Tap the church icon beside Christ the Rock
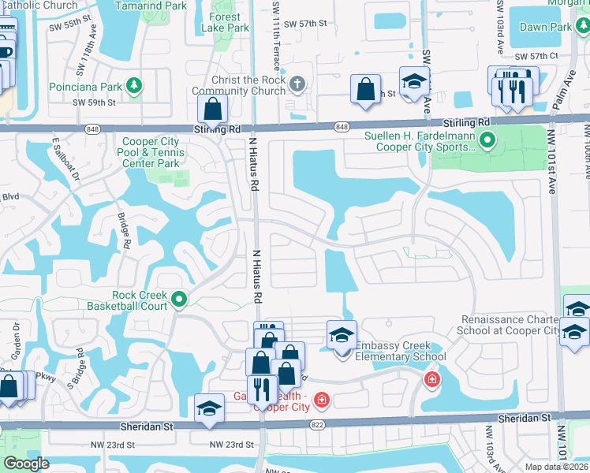[x=297, y=84]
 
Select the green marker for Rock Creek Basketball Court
[x=179, y=299]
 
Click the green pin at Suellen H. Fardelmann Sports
[x=487, y=141]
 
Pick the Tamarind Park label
[x=151, y=6]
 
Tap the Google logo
[x=26, y=463]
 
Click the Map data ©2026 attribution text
[x=555, y=467]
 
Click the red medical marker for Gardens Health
[x=321, y=401]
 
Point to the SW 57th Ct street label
[x=536, y=57]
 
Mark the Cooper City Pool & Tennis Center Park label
[x=149, y=153]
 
